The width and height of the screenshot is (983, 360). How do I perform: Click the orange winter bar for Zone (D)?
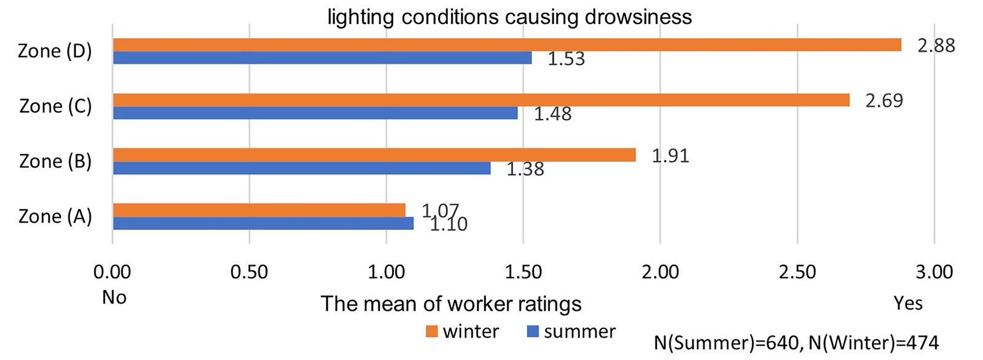click(x=507, y=45)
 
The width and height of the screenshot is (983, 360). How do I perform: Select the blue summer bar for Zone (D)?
click(x=323, y=58)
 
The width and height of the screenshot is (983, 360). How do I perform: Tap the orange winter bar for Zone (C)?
click(x=481, y=100)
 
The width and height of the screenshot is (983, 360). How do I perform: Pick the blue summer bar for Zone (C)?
click(x=315, y=113)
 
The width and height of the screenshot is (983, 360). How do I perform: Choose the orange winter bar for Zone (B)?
click(x=374, y=155)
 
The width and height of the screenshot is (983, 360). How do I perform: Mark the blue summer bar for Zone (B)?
click(x=302, y=168)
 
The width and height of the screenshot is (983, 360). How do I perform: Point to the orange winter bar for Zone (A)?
click(x=259, y=210)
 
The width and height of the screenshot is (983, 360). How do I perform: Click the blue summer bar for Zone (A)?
click(x=263, y=223)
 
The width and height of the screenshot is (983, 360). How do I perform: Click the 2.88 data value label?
click(x=936, y=45)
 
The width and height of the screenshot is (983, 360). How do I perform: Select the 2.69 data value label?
click(x=884, y=100)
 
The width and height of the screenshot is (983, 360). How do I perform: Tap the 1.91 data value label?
click(x=670, y=155)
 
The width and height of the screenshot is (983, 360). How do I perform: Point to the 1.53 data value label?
click(x=566, y=59)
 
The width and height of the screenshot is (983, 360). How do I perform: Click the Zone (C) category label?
click(x=55, y=106)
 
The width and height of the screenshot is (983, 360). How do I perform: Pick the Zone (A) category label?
click(x=55, y=216)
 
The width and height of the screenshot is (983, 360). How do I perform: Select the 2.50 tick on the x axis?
click(x=797, y=272)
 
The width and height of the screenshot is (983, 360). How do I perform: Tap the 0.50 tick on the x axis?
click(x=249, y=272)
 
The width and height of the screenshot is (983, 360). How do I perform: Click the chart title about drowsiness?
click(x=509, y=17)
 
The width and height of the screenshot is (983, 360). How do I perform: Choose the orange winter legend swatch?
click(x=432, y=332)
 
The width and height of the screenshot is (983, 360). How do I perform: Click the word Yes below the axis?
click(x=908, y=303)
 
